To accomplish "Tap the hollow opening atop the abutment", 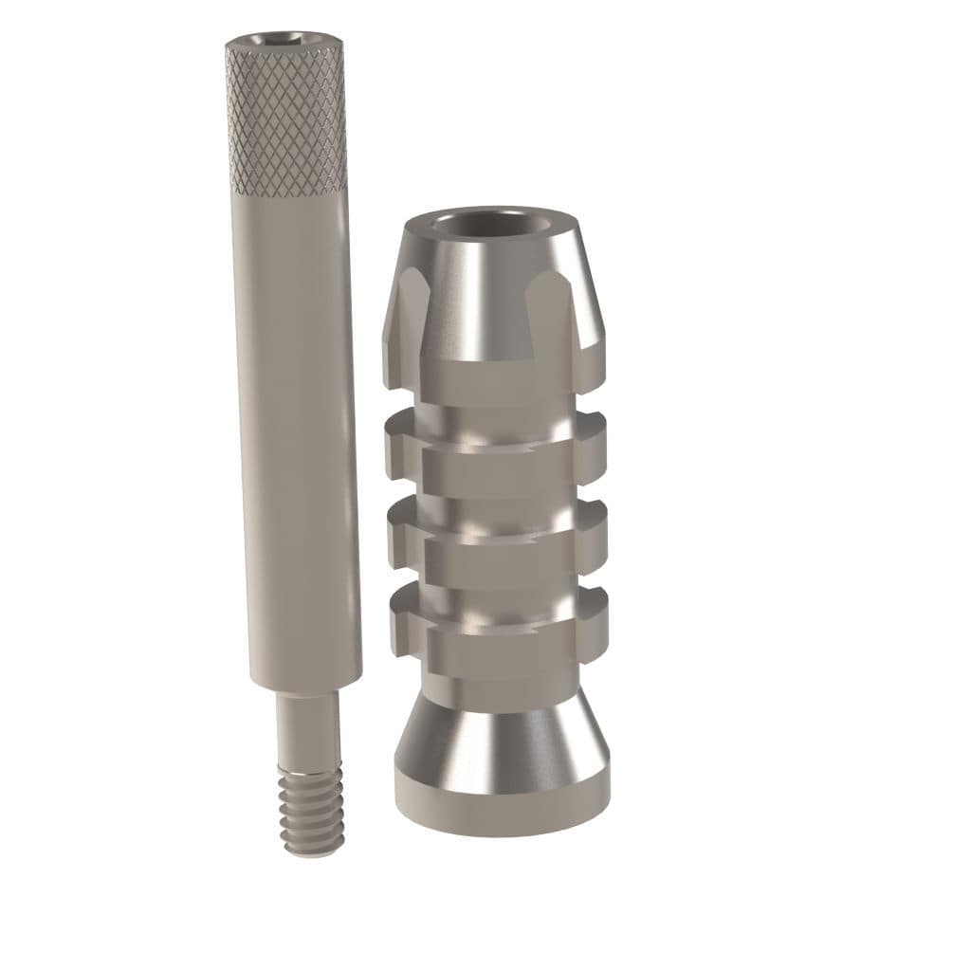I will point(492,227).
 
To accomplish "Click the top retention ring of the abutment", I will point(496,448).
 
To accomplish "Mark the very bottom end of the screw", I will point(311,851).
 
